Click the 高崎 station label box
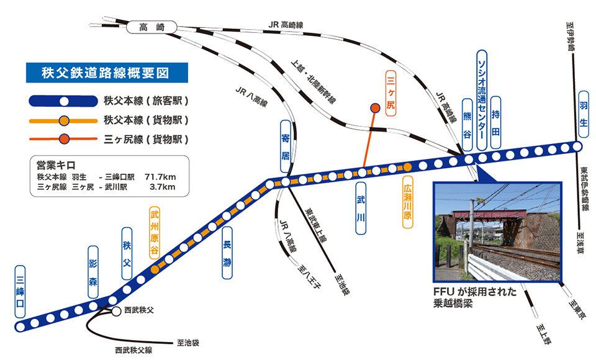coord(152,27)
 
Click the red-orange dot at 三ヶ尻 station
coord(375,108)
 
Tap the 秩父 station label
coord(126,254)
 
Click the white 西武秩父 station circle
coord(116,312)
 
